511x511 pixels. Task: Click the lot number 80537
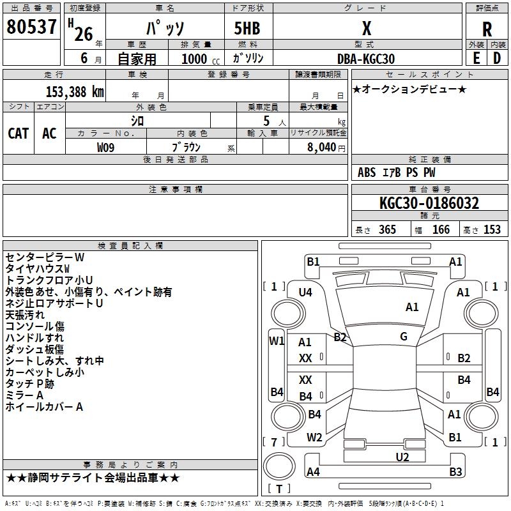[31, 27]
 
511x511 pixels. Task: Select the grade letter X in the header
[366, 28]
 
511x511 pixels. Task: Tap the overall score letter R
[487, 29]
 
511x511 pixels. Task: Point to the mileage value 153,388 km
[74, 91]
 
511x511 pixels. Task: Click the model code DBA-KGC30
[365, 59]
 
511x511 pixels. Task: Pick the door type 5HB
[242, 28]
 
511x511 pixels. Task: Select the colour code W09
[106, 148]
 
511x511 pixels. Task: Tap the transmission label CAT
[18, 133]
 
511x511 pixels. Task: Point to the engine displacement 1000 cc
[194, 59]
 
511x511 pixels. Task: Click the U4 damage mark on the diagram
[305, 292]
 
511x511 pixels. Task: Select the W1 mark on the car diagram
[276, 340]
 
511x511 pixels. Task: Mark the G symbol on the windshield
[403, 336]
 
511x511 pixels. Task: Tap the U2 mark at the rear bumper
[402, 456]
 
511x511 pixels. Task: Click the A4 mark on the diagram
[313, 472]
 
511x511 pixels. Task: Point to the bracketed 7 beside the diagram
[273, 442]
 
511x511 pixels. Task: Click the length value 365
[386, 230]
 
